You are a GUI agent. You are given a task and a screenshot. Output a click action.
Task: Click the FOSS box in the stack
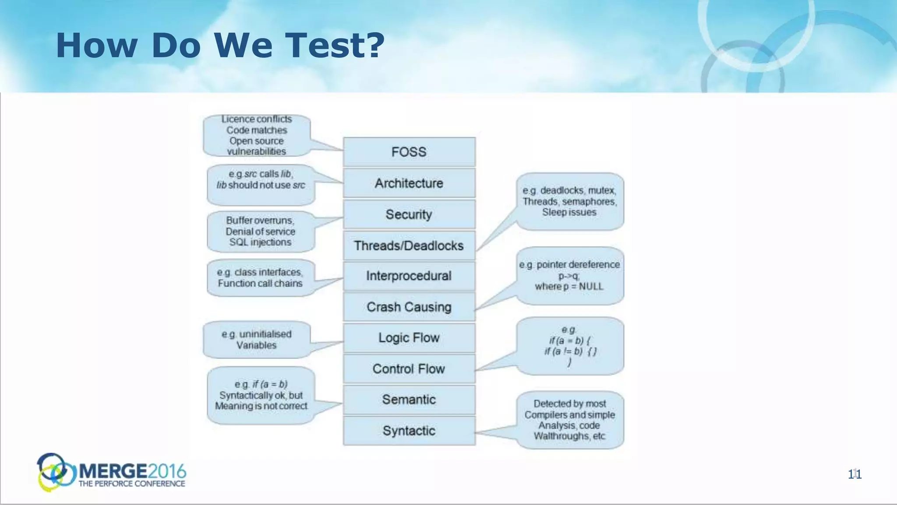[409, 152]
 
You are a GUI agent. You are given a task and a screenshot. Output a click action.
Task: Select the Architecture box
[409, 183]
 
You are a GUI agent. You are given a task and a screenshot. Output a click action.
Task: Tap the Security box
[409, 214]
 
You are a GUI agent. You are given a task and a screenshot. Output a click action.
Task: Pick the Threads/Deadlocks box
[409, 245]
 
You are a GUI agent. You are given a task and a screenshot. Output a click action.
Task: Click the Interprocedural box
[409, 276]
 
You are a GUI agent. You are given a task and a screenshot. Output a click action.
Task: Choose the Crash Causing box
[409, 307]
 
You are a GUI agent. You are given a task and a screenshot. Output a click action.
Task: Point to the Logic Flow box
[409, 338]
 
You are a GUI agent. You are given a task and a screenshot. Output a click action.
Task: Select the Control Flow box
[409, 369]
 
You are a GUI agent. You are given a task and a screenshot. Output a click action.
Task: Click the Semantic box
[409, 399]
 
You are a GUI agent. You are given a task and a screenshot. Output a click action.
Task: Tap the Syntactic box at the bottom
[409, 430]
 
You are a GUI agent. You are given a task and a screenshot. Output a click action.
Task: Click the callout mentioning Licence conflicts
[257, 135]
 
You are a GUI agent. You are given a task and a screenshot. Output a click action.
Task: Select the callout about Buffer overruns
[261, 231]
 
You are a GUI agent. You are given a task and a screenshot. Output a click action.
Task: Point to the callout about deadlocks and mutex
[569, 201]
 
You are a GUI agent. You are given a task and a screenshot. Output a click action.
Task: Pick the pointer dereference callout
[569, 275]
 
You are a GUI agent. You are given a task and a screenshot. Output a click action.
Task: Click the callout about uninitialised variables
[257, 339]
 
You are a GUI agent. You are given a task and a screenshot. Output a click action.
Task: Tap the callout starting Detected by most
[569, 420]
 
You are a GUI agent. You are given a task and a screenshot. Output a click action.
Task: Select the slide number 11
[855, 474]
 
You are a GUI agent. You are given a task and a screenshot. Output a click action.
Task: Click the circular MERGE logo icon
[55, 472]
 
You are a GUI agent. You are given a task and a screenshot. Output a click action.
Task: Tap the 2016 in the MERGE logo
[167, 471]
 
